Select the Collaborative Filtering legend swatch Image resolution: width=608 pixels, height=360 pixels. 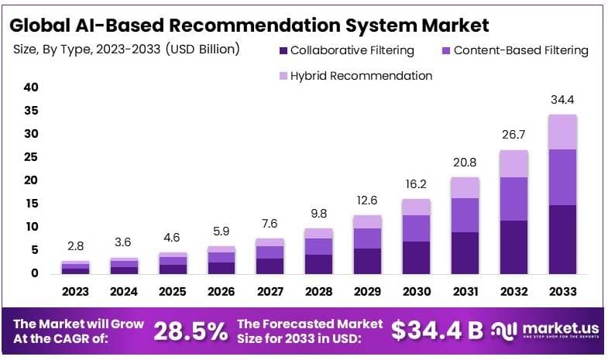coord(283,51)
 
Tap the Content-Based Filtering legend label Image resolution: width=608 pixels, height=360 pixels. coord(520,51)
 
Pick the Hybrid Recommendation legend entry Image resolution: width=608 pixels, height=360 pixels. coord(361,76)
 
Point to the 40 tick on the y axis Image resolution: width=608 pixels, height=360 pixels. coord(31,87)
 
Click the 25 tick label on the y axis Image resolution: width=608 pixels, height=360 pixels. coord(31,157)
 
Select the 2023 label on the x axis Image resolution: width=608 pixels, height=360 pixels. coord(76,292)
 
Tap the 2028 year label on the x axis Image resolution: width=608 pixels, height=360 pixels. coord(318,292)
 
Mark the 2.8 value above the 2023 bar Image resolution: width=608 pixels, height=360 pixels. coord(76,247)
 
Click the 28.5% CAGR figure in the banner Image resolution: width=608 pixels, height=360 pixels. coord(191,331)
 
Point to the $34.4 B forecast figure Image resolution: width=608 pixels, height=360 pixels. coord(438,331)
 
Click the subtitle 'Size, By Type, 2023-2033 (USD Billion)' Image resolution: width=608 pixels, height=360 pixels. coord(126,49)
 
